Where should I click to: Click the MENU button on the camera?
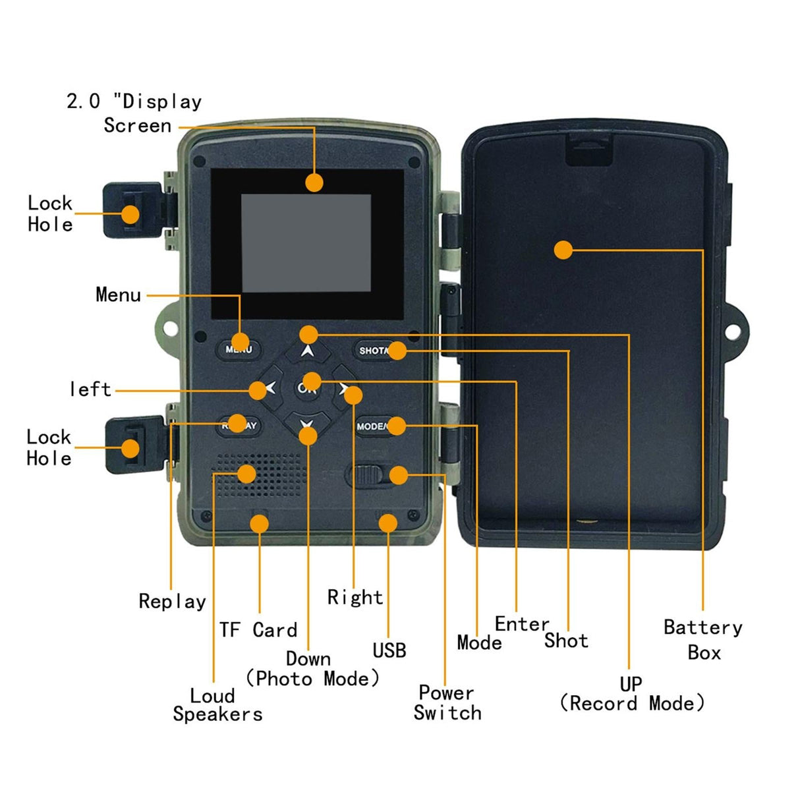point(235,349)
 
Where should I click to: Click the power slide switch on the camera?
point(365,474)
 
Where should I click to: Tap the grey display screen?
point(306,243)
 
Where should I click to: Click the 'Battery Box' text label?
point(702,639)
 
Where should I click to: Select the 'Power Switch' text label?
point(447,702)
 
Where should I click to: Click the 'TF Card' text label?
point(258,630)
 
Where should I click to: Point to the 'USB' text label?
point(389,650)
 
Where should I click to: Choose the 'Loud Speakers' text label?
point(217,704)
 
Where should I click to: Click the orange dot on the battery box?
point(563,250)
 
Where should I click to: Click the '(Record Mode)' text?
point(631,703)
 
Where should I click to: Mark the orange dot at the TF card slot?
point(259,524)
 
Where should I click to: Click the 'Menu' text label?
point(118,295)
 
